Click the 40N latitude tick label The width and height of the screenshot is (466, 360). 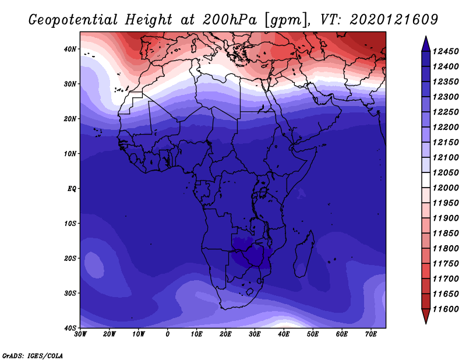[x=70, y=49]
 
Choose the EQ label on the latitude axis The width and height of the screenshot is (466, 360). [x=71, y=189]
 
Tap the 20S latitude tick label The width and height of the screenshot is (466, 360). [x=70, y=258]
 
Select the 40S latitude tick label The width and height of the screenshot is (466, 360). [x=70, y=328]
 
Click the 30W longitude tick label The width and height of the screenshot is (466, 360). [x=80, y=334]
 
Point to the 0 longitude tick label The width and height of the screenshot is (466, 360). [x=168, y=334]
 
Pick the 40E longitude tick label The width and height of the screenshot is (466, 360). [x=284, y=334]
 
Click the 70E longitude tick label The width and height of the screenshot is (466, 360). [x=371, y=334]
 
